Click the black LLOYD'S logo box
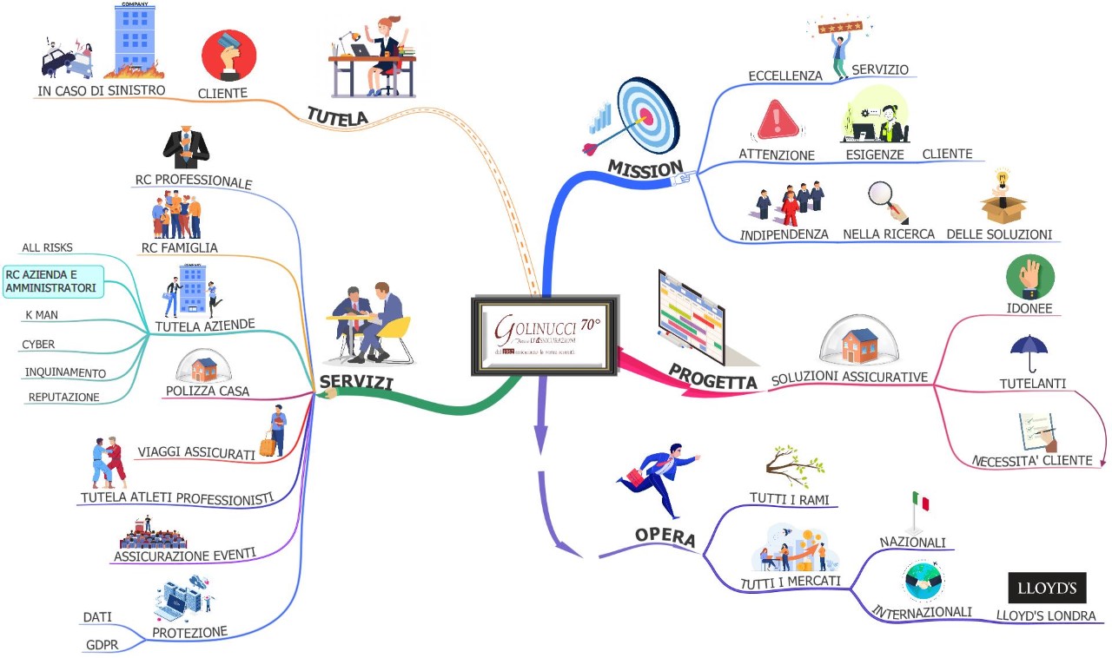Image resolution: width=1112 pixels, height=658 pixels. click(x=1047, y=588)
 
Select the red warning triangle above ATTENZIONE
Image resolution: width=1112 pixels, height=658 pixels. click(x=778, y=121)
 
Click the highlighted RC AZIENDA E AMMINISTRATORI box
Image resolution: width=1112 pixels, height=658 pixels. click(x=53, y=281)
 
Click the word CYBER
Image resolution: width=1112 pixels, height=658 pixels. click(x=38, y=345)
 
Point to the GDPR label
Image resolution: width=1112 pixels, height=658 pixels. click(x=101, y=645)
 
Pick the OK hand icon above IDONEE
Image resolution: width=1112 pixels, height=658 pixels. click(x=1029, y=278)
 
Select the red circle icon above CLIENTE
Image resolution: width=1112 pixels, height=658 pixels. click(x=228, y=55)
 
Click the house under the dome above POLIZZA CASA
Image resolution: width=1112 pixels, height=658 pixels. click(x=204, y=369)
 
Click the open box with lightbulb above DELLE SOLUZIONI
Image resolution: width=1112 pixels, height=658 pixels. click(x=1003, y=201)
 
